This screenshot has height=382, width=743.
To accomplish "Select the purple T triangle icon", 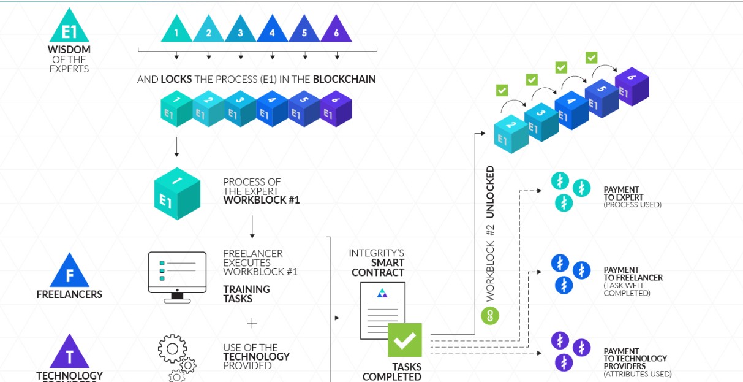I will coord(69,353).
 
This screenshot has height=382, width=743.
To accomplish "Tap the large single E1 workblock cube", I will coord(176,193).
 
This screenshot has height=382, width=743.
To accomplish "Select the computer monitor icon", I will coord(178,277).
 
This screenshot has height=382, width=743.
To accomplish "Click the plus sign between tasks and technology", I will coord(252,323).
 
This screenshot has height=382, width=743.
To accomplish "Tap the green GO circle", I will coord(490,316).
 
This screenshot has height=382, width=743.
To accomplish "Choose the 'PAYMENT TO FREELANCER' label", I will coord(633,274).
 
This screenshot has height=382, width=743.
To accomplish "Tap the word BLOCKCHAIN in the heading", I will coord(344,79).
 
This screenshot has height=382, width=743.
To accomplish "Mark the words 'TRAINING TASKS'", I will coord(246,294).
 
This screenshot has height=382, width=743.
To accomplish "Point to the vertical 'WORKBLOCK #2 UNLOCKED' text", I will coord(490,233).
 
